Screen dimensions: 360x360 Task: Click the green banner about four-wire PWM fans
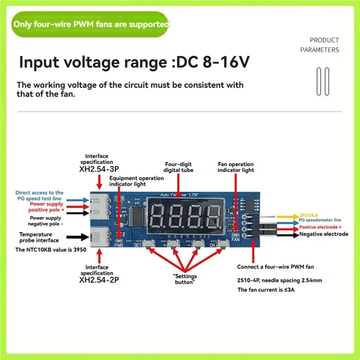click(x=90, y=24)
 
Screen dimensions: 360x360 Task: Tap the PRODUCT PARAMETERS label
click(x=324, y=45)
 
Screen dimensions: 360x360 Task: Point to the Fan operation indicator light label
click(x=235, y=167)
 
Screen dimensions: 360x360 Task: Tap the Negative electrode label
click(x=324, y=234)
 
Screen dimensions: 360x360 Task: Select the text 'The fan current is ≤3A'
click(x=265, y=290)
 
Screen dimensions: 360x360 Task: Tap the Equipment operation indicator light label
click(x=136, y=181)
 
